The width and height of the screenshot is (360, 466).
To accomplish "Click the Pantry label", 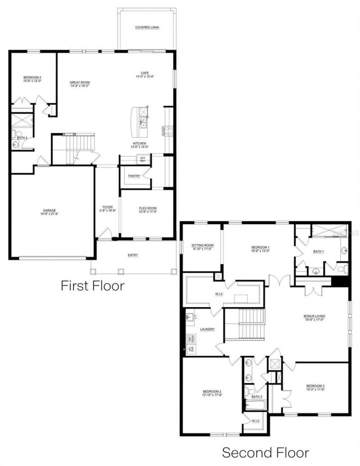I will click(x=134, y=176).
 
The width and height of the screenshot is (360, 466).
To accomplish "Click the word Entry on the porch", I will click(x=133, y=255).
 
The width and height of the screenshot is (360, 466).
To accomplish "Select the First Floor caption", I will click(x=92, y=285).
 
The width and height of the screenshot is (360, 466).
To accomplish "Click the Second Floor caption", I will click(x=265, y=452).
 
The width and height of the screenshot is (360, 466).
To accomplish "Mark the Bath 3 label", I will click(x=256, y=397).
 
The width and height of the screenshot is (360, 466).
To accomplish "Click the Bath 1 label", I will click(x=319, y=251).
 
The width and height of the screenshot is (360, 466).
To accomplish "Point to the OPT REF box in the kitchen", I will click(x=143, y=159).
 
